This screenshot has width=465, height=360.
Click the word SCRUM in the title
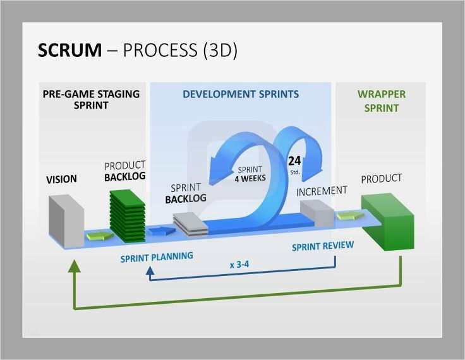point(69,51)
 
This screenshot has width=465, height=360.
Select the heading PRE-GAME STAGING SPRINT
point(91,100)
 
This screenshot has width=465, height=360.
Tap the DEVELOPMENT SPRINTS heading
point(241,94)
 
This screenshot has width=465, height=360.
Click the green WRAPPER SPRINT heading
point(382,101)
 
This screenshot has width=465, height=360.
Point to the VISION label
point(61,179)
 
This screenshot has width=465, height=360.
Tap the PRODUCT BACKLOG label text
point(124,171)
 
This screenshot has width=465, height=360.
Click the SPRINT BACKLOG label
point(186,193)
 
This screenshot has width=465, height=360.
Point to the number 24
point(294,160)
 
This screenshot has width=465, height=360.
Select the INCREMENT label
point(322,190)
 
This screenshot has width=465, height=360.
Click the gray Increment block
point(315,213)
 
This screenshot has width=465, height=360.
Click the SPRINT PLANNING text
point(157,257)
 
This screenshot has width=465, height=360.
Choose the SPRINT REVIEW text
point(322,246)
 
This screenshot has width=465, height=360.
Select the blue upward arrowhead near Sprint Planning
point(150,272)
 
